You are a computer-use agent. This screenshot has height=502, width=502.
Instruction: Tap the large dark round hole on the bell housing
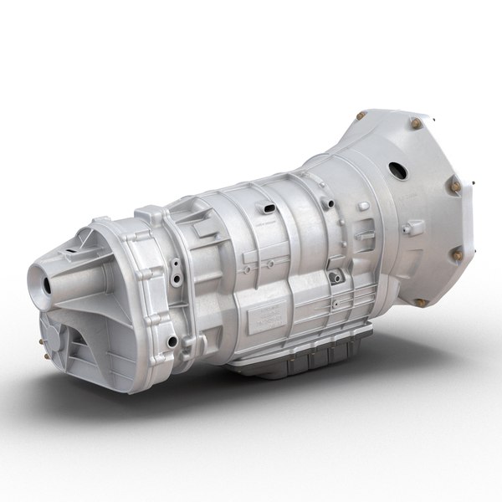coord(397,171)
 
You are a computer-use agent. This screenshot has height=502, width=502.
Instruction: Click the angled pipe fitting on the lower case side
coord(335,276)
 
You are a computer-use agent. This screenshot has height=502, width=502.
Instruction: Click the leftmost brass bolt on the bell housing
coord(361,115)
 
